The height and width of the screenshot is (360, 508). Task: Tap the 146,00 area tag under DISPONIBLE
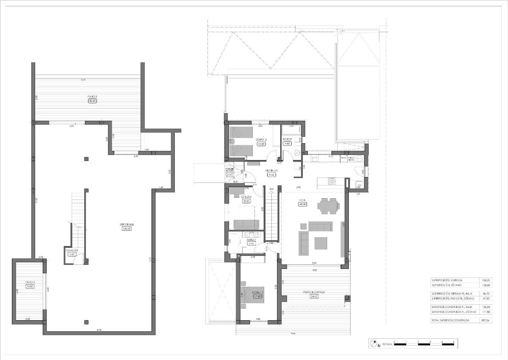point(127,228)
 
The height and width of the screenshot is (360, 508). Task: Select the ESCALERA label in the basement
point(71,250)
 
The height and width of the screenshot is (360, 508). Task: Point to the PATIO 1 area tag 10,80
point(29,287)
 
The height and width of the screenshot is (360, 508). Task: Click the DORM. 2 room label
point(261,139)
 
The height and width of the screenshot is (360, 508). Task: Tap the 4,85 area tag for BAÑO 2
point(287,144)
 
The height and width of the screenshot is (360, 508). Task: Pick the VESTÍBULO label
point(271,170)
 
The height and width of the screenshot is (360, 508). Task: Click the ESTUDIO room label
point(246,197)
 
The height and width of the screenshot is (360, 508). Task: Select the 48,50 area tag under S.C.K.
point(303,204)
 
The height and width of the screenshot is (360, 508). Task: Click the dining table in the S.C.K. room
point(329,207)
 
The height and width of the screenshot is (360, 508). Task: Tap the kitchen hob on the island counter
point(332,181)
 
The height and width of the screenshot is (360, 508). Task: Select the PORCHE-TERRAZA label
point(314,292)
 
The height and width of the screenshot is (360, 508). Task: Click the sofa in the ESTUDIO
point(246,224)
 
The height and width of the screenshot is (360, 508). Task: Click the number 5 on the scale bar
point(454,341)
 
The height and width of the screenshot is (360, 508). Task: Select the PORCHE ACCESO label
point(229,170)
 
